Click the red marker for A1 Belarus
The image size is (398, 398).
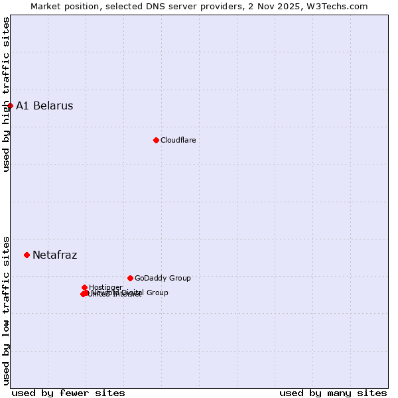[10, 105]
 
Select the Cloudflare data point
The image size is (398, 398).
[156, 140]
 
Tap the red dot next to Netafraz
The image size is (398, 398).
[27, 255]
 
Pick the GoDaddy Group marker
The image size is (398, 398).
[130, 278]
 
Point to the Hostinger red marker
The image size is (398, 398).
[84, 287]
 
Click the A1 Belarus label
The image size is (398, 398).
[44, 106]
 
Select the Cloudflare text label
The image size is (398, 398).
[178, 140]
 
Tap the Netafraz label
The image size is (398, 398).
[54, 255]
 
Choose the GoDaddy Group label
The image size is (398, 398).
[163, 279]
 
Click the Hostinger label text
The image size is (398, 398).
[105, 287]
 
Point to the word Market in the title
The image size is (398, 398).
[46, 7]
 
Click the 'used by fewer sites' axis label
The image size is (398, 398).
[68, 393]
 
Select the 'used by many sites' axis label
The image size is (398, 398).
[333, 393]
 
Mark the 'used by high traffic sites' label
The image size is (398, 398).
[6, 94]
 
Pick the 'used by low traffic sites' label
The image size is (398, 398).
[6, 310]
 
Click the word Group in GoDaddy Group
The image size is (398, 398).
[179, 279]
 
